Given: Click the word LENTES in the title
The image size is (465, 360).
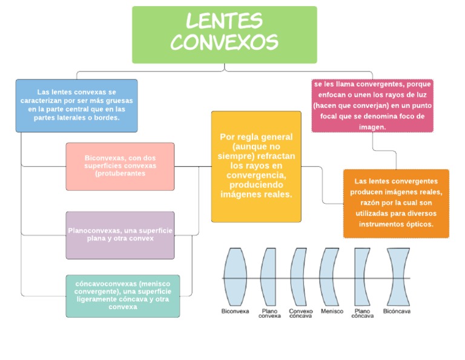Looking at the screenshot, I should pyautogui.click(x=224, y=21).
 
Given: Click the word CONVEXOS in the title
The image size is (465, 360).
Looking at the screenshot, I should pyautogui.click(x=224, y=42).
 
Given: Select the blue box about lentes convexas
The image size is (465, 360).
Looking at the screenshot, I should pyautogui.click(x=76, y=105).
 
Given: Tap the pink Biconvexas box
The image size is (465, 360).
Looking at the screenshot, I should pyautogui.click(x=120, y=166).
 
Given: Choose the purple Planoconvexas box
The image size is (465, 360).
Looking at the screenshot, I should pyautogui.click(x=120, y=235).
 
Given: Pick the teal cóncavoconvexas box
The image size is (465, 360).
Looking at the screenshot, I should pyautogui.click(x=122, y=295).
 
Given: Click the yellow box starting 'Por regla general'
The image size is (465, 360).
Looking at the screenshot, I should pyautogui.click(x=256, y=166).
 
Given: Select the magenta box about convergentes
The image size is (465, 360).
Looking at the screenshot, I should pyautogui.click(x=372, y=105).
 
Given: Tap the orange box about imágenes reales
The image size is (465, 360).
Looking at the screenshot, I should pyautogui.click(x=396, y=203).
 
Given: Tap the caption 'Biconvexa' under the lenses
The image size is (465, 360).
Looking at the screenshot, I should pyautogui.click(x=235, y=311).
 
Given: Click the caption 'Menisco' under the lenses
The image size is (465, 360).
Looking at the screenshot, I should pyautogui.click(x=332, y=311).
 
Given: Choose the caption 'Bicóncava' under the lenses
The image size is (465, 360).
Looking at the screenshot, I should pyautogui.click(x=397, y=311).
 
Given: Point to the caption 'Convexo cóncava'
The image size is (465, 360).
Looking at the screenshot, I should pyautogui.click(x=301, y=313).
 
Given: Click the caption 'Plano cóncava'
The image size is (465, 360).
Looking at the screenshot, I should pyautogui.click(x=363, y=313).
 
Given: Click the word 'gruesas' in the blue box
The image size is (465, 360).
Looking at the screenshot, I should pyautogui.click(x=119, y=101).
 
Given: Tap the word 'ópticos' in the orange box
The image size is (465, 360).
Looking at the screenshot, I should pyautogui.click(x=419, y=224).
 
